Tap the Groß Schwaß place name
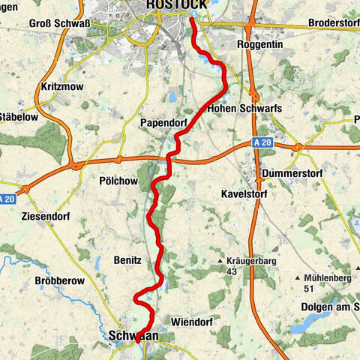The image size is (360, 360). [59, 23]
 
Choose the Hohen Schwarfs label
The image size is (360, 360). [244, 108]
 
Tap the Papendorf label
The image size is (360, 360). [163, 122]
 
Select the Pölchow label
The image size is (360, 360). [118, 181]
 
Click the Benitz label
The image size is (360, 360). [127, 259]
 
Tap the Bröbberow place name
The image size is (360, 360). [57, 281]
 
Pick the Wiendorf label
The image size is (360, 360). [192, 322]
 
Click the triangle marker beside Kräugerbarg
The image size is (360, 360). [223, 262]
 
